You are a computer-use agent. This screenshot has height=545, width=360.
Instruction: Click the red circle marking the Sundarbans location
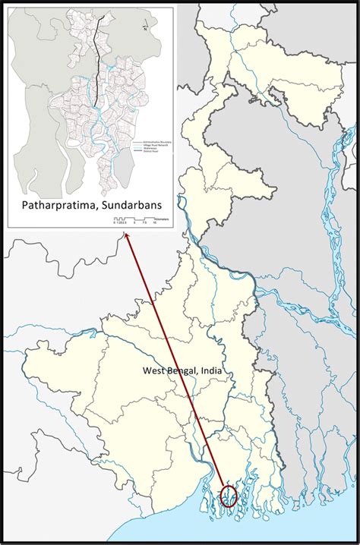(x=229, y=496)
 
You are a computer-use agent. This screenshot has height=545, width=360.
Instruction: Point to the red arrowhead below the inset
(x=126, y=239)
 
